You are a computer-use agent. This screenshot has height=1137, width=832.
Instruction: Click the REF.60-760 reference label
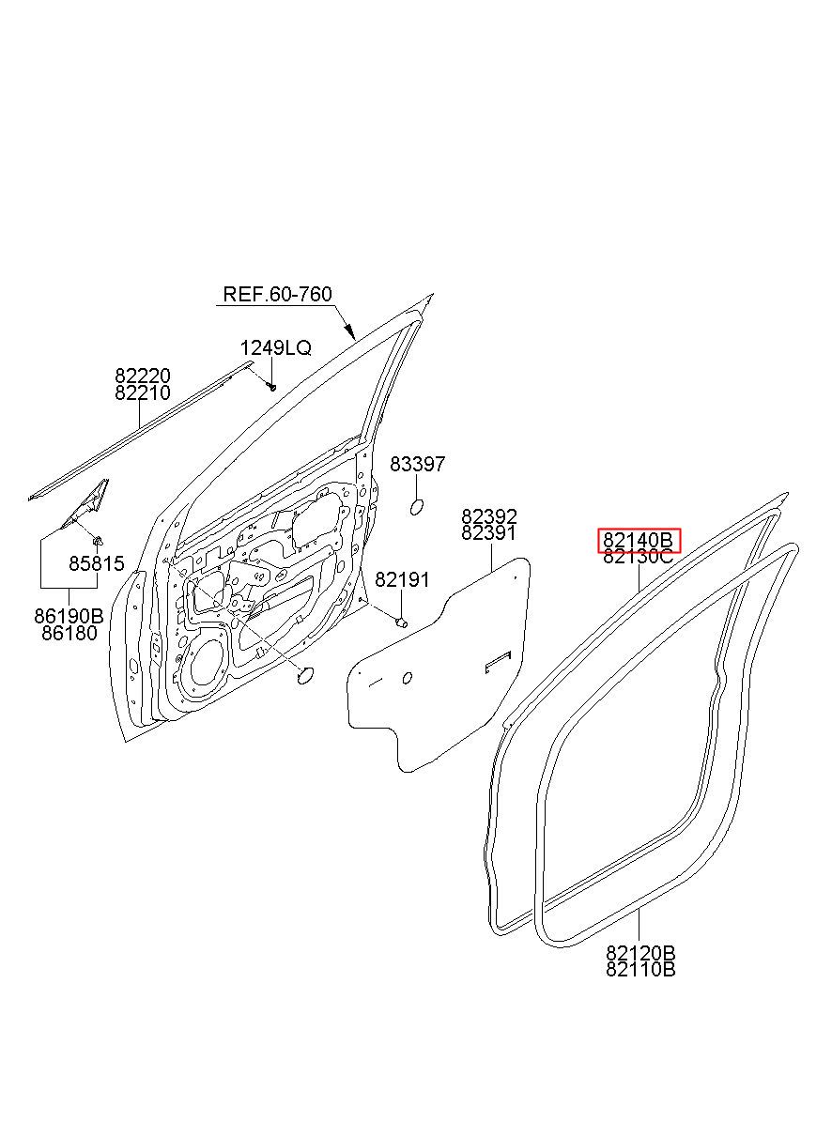(x=277, y=295)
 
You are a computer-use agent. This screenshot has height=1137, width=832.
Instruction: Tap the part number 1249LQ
(x=274, y=348)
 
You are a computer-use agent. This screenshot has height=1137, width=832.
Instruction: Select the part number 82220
(x=143, y=376)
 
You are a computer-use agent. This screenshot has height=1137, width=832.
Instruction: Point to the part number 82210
(x=143, y=393)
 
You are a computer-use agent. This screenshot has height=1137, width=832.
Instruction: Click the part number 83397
(x=417, y=465)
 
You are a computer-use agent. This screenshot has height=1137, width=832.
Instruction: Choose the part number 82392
(x=488, y=517)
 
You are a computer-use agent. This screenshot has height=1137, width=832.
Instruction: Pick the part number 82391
(x=488, y=533)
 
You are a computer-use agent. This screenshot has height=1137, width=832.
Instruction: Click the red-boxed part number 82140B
(x=639, y=540)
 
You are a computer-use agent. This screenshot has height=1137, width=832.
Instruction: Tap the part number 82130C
(x=639, y=557)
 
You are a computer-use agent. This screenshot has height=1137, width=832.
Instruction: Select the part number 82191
(x=402, y=580)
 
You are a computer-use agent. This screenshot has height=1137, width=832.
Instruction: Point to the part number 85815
(x=96, y=564)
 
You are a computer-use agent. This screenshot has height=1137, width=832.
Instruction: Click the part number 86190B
(x=69, y=617)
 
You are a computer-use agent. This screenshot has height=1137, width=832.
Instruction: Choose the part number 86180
(x=69, y=633)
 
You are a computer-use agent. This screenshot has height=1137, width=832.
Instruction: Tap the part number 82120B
(x=640, y=953)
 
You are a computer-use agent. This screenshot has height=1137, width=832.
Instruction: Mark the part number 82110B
(x=640, y=970)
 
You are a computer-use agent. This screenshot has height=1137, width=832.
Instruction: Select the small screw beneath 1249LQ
(x=271, y=385)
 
